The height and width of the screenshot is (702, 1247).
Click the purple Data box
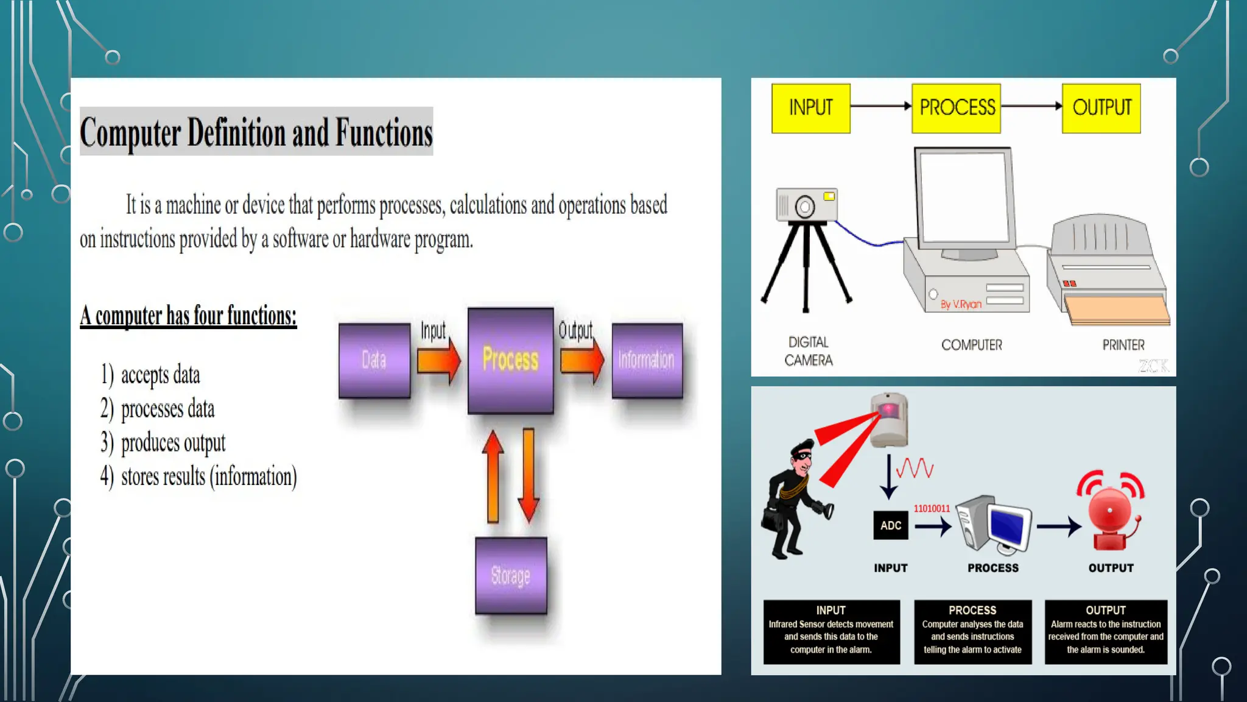point(374,360)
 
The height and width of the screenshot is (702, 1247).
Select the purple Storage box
point(511,575)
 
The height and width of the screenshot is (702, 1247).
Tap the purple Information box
point(647,360)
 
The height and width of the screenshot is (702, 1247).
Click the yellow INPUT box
point(810,108)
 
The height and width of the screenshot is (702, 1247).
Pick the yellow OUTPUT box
point(1101,108)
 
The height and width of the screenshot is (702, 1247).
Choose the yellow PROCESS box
point(956,108)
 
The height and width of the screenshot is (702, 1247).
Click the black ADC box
point(890,525)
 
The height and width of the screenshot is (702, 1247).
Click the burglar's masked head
point(801,456)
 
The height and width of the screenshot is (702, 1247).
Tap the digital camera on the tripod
point(806,206)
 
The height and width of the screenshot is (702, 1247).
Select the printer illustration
point(1107,268)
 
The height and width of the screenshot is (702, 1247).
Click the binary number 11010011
point(931,508)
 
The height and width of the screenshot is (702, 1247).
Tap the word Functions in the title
point(384,133)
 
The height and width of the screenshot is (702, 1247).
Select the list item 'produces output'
point(173,442)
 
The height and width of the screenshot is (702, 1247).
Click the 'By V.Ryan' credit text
point(961,304)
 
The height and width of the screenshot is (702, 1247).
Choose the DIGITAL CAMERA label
point(809,351)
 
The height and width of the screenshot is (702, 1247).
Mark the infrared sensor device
point(889,419)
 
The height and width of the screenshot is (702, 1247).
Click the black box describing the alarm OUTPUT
point(1106,631)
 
